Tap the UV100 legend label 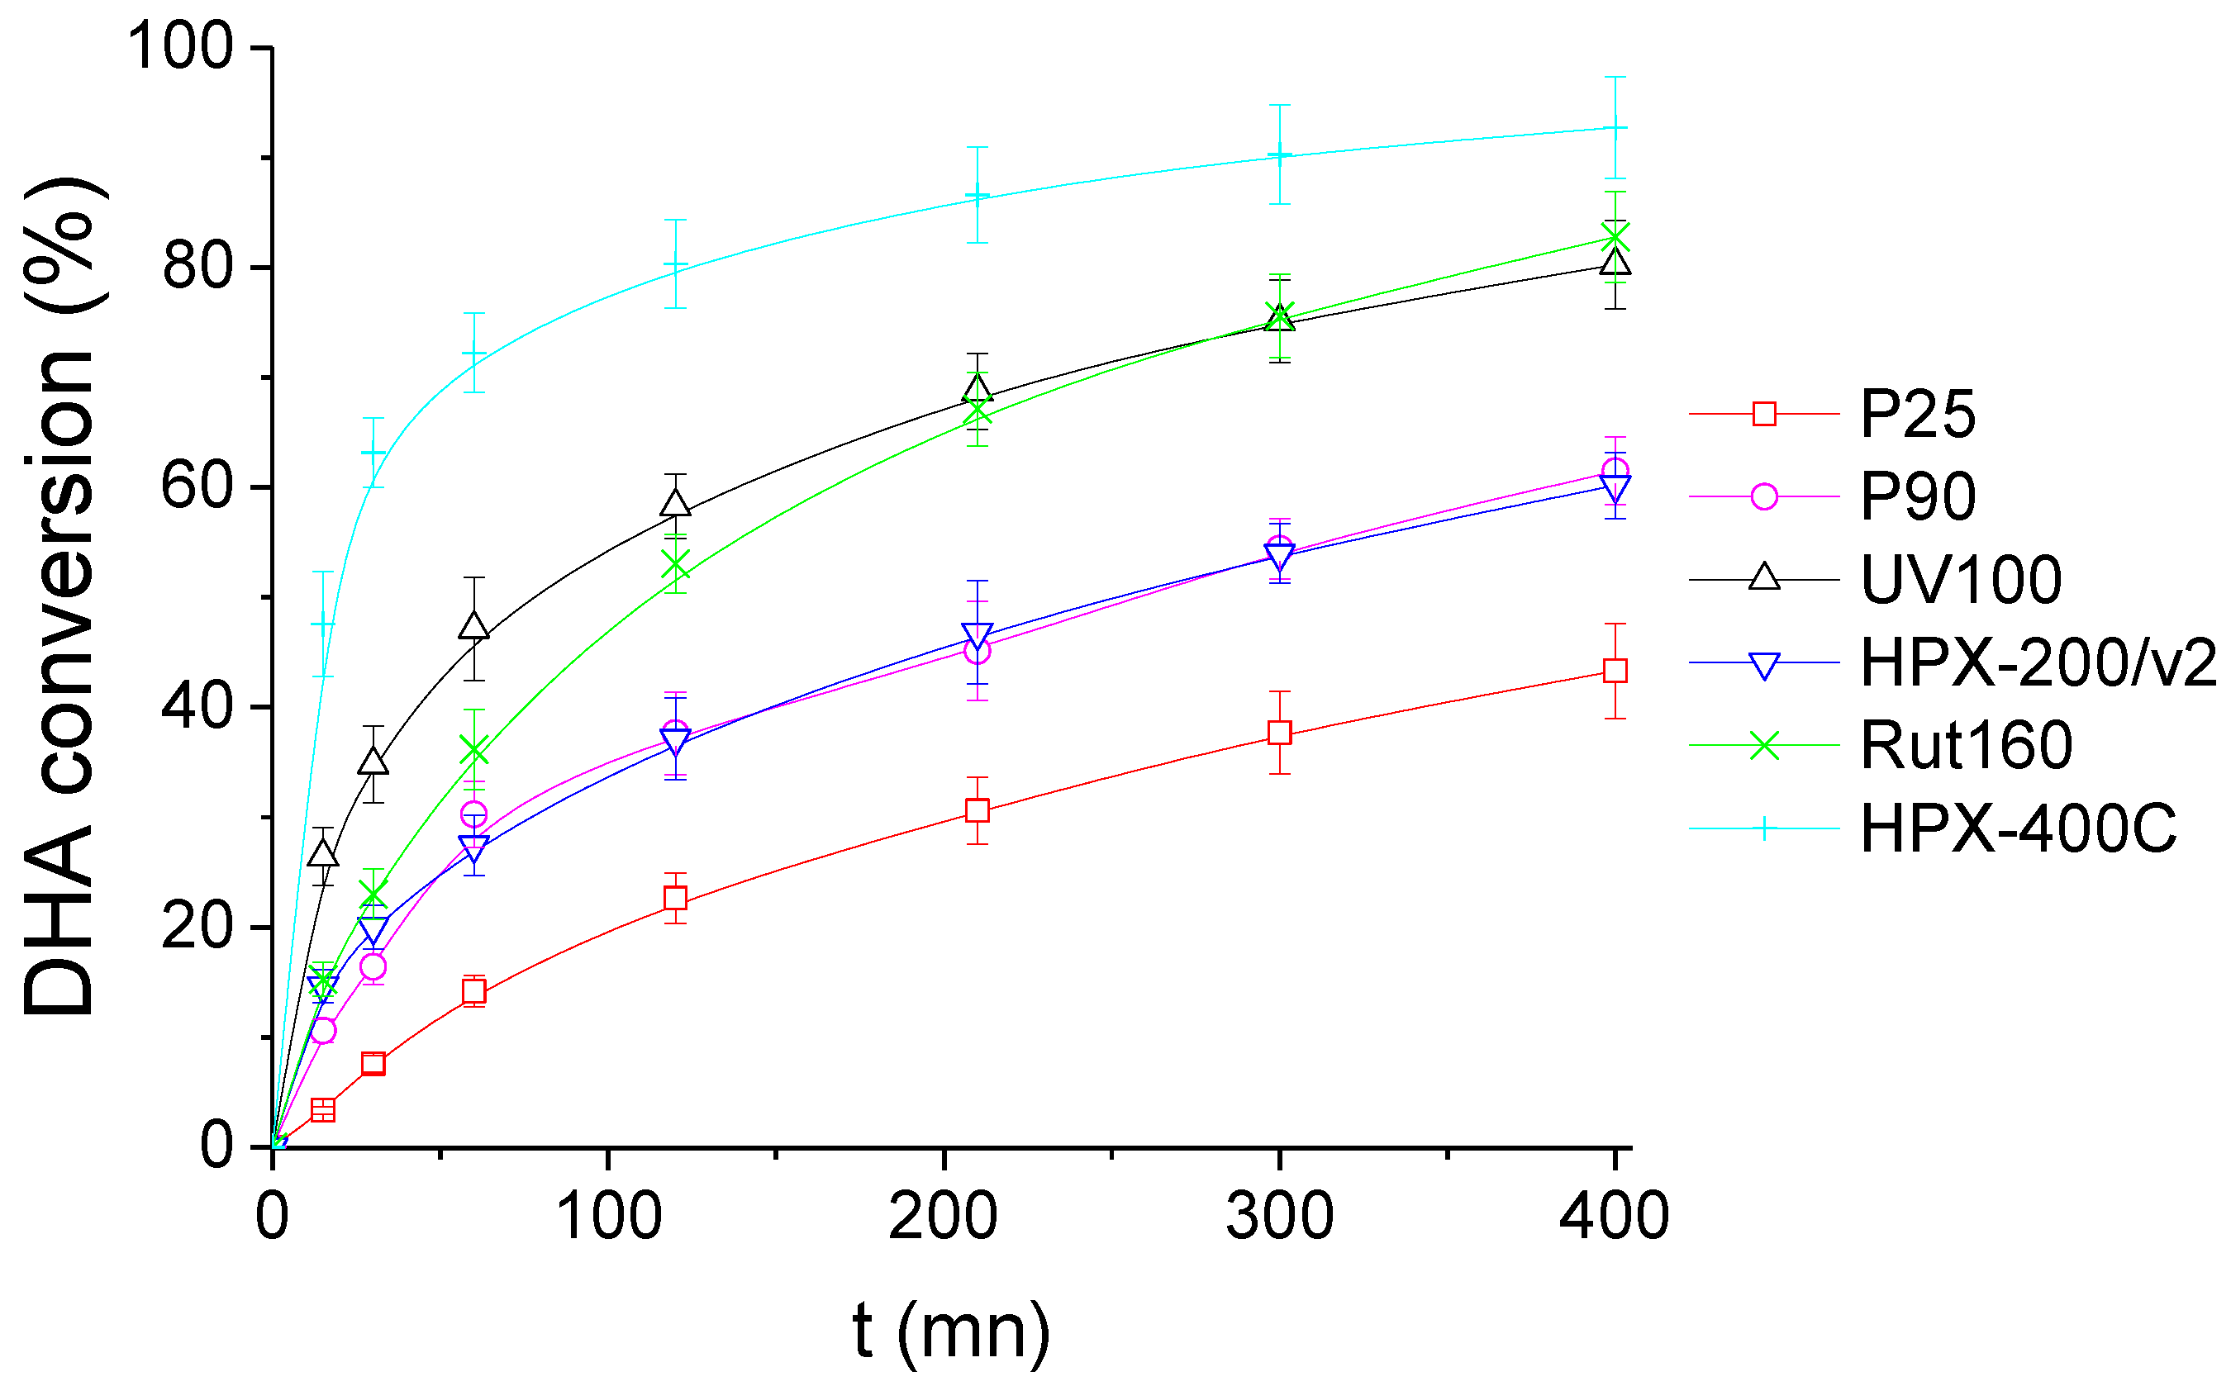1962,580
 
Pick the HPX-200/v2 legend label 2038,662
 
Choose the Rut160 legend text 1966,745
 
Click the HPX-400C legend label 2017,828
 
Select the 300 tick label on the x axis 1279,1217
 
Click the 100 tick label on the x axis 608,1217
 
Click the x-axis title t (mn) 952,1330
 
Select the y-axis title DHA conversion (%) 59,596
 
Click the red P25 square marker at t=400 1615,671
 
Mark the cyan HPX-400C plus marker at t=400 1615,127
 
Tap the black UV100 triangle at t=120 675,504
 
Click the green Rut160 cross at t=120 675,566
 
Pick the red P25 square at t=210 978,810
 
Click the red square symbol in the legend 1763,415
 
